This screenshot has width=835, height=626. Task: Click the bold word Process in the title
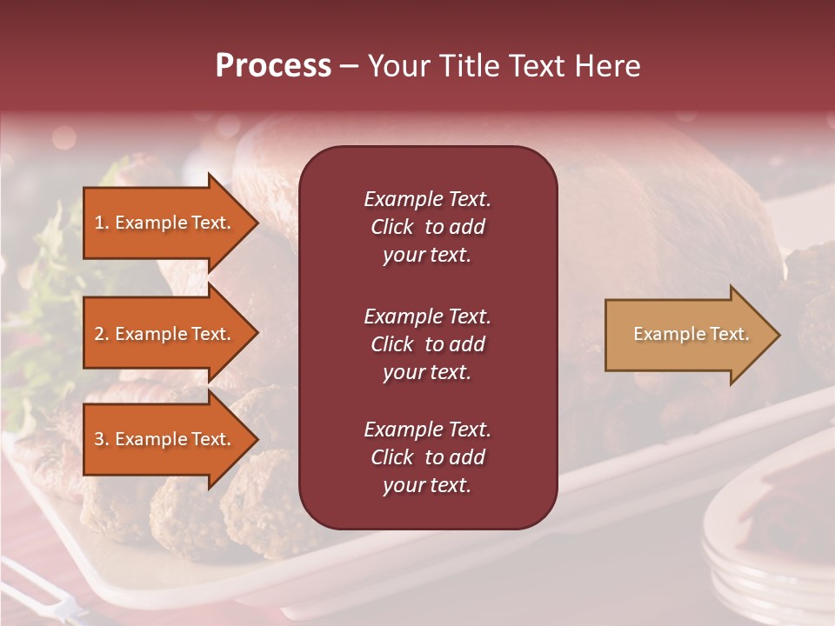[273, 66]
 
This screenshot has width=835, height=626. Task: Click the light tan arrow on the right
[687, 335]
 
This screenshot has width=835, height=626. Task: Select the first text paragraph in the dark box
[427, 227]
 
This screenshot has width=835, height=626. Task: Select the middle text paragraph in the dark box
[427, 344]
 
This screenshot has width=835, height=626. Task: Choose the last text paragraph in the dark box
[427, 457]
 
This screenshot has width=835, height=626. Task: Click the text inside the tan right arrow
[691, 334]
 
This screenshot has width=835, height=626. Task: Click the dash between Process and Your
[350, 67]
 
